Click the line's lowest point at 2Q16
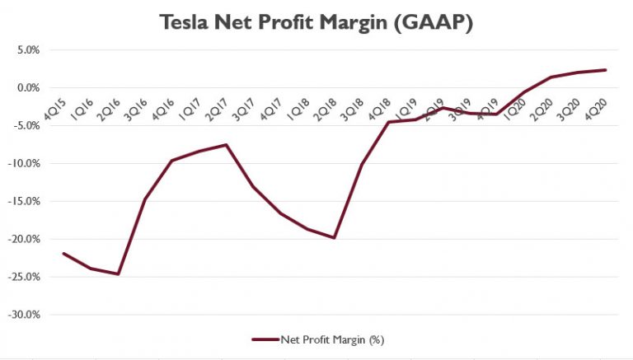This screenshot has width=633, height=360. click(x=118, y=274)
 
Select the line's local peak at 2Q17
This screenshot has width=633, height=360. click(x=226, y=145)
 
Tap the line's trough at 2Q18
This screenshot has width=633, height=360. click(x=334, y=237)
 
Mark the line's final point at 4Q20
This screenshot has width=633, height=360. click(x=606, y=70)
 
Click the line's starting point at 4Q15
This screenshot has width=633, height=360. click(x=63, y=254)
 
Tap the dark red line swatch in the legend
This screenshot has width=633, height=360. click(x=264, y=339)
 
